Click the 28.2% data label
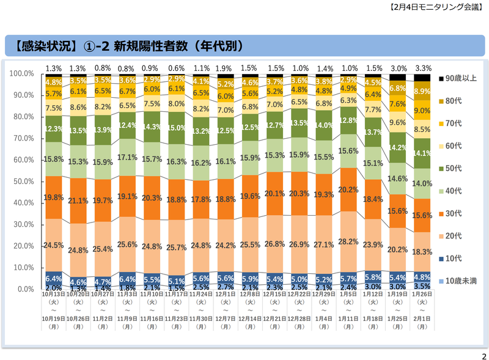[x=348, y=241]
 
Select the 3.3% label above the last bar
[x=422, y=68]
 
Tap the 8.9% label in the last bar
[x=422, y=91]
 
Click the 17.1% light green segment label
[x=127, y=156]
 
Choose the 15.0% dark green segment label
[x=177, y=127]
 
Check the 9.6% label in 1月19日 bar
[x=398, y=122]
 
